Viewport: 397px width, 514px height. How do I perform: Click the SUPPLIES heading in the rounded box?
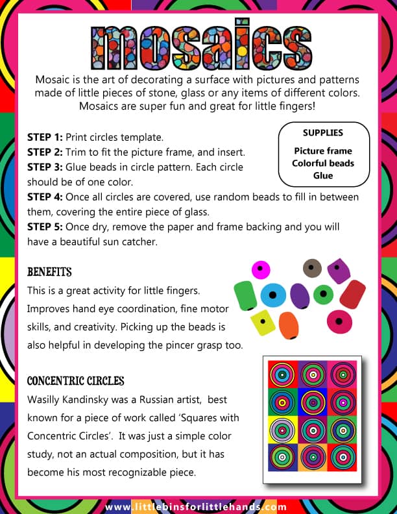coord(322,133)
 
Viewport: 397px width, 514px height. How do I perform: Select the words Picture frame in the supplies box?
coord(322,151)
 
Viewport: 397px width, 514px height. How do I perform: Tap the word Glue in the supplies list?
coord(322,175)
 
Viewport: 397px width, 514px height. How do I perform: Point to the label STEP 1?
coord(45,138)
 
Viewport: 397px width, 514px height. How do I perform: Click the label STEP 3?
coord(45,167)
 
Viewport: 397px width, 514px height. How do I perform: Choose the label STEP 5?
coord(45,227)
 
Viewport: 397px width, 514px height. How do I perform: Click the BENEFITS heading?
coord(49,271)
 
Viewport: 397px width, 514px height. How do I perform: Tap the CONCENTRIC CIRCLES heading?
coord(75,380)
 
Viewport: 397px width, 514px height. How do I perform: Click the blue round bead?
coord(273,295)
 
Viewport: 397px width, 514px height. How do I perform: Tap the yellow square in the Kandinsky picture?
coord(283,429)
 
